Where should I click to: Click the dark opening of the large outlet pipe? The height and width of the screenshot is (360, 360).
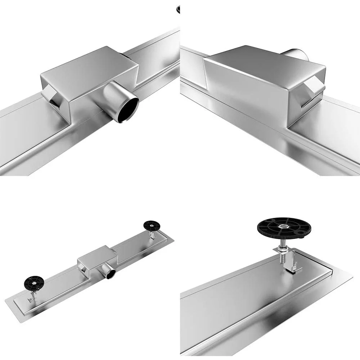[129, 109]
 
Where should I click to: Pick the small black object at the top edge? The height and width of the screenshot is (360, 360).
[178, 9]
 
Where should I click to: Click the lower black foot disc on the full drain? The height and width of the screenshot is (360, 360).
[34, 283]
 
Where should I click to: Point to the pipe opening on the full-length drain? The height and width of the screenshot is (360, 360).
[110, 274]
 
